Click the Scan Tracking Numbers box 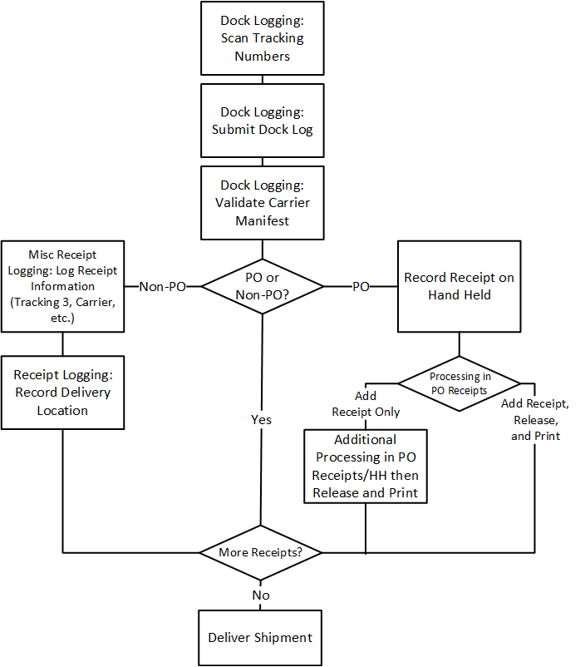262,38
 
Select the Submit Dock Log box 262,121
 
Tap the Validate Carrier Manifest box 262,203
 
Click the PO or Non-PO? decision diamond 262,285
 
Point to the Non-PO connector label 163,286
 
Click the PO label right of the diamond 361,286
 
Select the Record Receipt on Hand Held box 459,286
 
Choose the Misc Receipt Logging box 62,286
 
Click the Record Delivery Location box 62,392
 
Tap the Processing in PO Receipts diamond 460,383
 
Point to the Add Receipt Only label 366,404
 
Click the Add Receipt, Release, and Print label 535,419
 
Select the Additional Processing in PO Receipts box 366,466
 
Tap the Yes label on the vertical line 261,419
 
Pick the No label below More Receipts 261,595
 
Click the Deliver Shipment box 260,637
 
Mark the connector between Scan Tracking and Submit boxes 262,79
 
